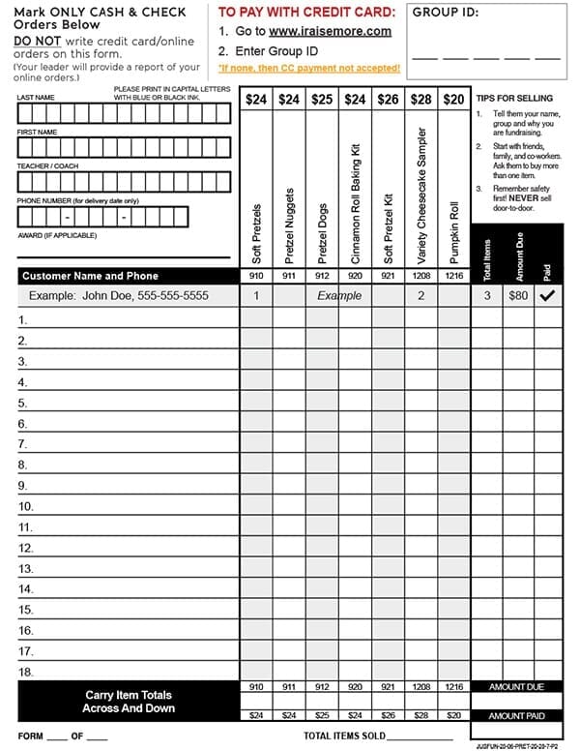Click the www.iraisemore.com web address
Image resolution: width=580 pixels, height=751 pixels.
point(330,31)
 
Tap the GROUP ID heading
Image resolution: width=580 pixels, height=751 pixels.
point(444,13)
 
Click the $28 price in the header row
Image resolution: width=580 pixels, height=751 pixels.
point(420,99)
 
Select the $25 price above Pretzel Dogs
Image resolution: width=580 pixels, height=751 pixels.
point(322,99)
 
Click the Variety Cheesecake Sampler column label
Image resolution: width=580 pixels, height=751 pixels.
point(420,193)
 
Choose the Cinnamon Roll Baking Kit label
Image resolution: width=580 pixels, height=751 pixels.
point(355,203)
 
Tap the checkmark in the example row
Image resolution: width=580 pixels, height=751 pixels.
point(547,295)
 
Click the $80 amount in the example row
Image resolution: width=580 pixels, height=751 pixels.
point(518,295)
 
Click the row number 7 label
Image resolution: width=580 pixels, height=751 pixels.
point(24,444)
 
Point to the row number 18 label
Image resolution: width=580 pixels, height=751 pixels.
point(26,672)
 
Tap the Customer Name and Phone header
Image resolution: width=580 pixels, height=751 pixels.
point(90,276)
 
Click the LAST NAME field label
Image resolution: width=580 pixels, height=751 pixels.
point(36,98)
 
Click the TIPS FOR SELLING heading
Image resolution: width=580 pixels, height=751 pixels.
point(514,98)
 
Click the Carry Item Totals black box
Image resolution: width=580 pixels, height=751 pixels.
point(128,701)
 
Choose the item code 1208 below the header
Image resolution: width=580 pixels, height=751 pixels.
point(420,276)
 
